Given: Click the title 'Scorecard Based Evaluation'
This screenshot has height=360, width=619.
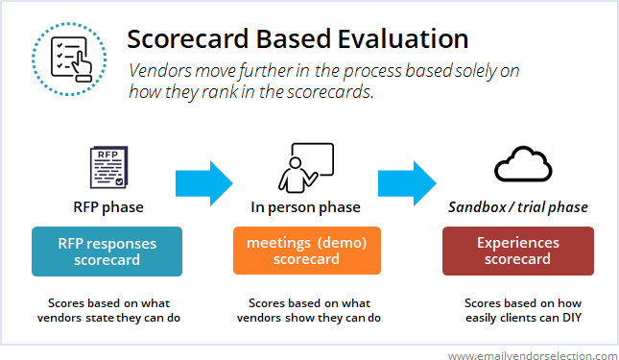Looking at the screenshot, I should [x=298, y=39].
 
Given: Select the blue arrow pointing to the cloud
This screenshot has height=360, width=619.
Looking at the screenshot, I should [x=408, y=180].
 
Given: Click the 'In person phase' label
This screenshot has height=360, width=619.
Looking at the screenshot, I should [x=306, y=206].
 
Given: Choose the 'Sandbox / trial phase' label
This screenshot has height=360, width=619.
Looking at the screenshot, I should [x=517, y=206].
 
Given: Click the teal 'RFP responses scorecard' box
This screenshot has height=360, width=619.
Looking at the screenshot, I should [x=107, y=252].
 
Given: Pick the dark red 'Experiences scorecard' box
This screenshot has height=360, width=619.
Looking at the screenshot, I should [x=517, y=252].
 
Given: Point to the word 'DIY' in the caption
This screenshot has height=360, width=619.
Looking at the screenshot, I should [x=572, y=318].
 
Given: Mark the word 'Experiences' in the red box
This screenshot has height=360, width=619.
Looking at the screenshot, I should [x=517, y=243].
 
